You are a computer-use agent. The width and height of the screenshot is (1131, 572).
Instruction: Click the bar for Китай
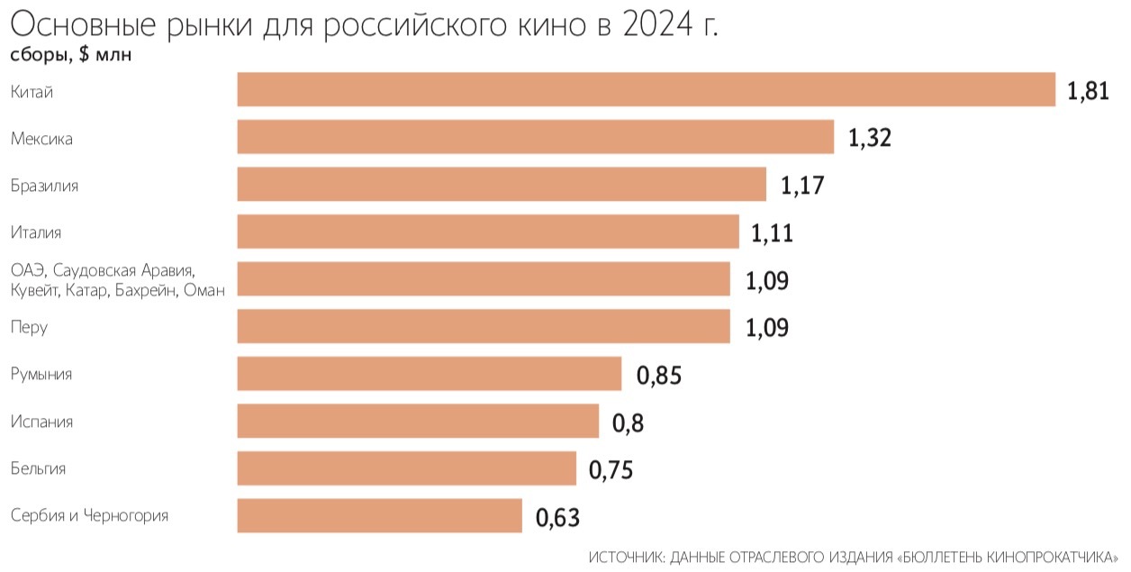pyautogui.click(x=646, y=90)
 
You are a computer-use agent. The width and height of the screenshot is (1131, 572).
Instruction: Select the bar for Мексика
pyautogui.click(x=535, y=137)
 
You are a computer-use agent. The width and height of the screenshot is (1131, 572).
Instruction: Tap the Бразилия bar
pyautogui.click(x=502, y=185)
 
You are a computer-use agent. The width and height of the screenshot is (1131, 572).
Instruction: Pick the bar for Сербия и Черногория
pyautogui.click(x=379, y=515)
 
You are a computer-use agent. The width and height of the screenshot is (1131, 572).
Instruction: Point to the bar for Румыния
pyautogui.click(x=429, y=374)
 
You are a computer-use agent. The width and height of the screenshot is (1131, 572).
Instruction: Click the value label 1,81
pyautogui.click(x=1088, y=92)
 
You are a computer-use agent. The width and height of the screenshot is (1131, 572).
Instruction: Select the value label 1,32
pyautogui.click(x=869, y=139)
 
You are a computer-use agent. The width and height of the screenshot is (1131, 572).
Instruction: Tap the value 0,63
pyautogui.click(x=557, y=518)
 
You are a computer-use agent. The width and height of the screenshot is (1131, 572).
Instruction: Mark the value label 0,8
pyautogui.click(x=629, y=422)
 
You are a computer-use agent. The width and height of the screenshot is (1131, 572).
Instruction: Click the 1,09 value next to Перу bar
pyautogui.click(x=767, y=328)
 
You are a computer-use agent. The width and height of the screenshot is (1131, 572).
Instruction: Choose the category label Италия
pyautogui.click(x=36, y=232)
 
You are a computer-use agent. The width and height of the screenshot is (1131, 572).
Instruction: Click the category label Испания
pyautogui.click(x=42, y=422)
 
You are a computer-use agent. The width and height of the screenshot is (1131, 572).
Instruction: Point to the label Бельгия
pyautogui.click(x=38, y=468)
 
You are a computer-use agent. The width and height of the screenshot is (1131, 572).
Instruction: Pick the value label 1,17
pyautogui.click(x=802, y=186)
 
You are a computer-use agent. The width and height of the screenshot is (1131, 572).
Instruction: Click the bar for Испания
pyautogui.click(x=418, y=421)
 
